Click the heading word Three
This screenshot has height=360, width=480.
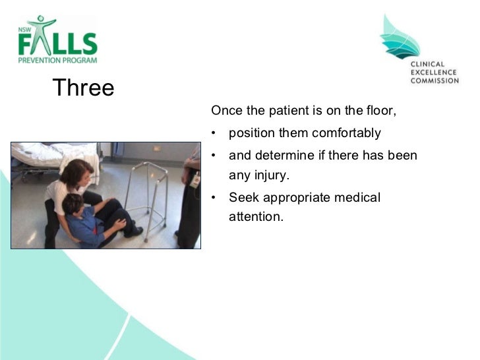83,88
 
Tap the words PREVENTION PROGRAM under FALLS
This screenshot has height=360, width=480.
57,59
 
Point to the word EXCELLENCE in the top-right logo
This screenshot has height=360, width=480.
434,73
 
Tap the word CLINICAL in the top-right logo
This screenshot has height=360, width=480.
428,65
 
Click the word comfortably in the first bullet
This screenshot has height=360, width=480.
346,133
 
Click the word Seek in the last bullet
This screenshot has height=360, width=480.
242,197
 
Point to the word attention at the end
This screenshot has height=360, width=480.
255,216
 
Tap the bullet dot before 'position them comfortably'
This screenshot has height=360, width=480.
214,133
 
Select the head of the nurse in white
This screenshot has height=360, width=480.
77,173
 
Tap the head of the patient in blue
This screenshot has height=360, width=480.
73,204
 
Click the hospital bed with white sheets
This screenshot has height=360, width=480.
46,158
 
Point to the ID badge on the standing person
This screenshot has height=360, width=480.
195,179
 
